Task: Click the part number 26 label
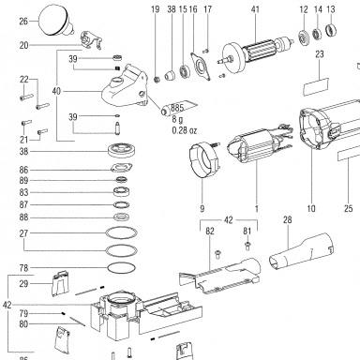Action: pos(23,22)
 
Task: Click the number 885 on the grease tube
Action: pos(177,108)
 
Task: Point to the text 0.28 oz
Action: pos(185,130)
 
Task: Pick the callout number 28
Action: pos(287,219)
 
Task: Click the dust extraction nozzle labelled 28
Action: pos(301,251)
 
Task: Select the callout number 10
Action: pos(311,208)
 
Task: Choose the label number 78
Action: pos(23,268)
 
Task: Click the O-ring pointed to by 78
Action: pos(122,268)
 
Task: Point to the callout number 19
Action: pos(156,9)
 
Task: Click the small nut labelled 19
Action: pos(157,80)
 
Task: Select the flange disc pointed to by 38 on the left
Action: pos(120,151)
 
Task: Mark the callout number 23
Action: pos(320,54)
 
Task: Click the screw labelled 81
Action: pos(247,246)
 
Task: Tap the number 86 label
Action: pos(23,170)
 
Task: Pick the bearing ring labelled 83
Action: pos(122,191)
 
